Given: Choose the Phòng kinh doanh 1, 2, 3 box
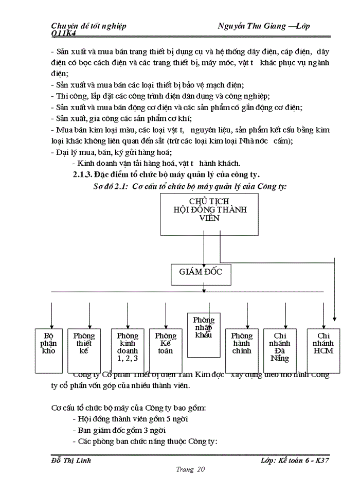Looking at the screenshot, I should (x=128, y=350).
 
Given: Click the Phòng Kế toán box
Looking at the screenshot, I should (x=166, y=350).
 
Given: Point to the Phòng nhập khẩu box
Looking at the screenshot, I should (x=204, y=334).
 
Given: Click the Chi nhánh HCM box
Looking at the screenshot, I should (x=323, y=350).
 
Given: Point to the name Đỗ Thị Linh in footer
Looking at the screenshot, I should (x=71, y=460).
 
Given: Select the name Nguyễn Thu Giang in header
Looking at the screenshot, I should (x=251, y=26).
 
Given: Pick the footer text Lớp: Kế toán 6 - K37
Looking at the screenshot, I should (x=294, y=460).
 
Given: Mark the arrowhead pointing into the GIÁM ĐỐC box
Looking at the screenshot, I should (x=204, y=262).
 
